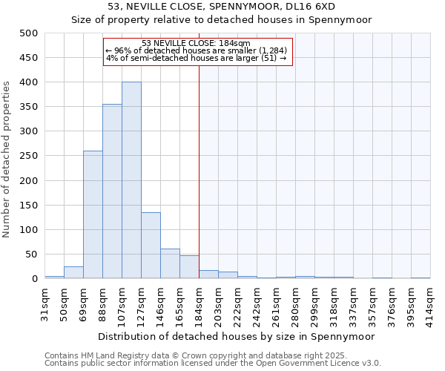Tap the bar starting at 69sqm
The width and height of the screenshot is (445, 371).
point(93,214)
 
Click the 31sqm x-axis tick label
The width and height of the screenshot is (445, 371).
point(45,301)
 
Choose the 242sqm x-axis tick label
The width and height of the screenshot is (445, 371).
point(257,301)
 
